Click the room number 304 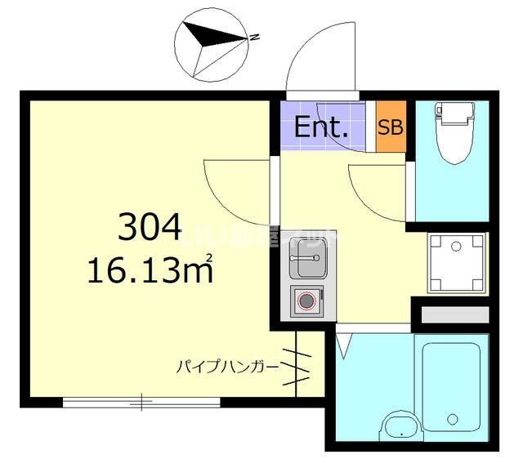tap(149, 226)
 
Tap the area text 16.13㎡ tap(150, 269)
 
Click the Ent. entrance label tap(321, 127)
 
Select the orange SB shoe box tap(391, 127)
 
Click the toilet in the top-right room tap(452, 135)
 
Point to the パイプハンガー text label tap(226, 366)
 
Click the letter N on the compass tap(255, 37)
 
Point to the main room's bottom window tap(141, 402)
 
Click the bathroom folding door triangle tap(344, 344)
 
